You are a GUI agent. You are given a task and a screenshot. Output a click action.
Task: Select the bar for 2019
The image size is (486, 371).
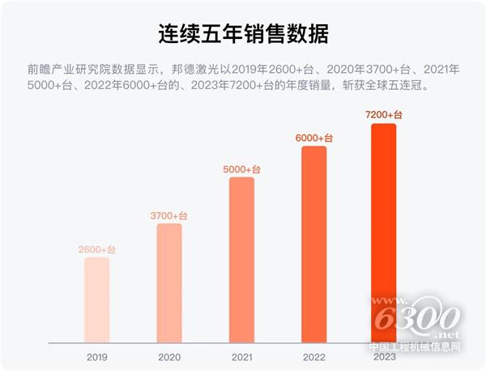(96, 300)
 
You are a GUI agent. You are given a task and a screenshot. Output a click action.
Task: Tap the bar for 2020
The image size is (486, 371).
(169, 283)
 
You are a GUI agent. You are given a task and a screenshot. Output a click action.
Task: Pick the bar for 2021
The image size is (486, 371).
(241, 259)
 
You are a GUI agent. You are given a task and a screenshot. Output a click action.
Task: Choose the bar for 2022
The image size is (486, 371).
(313, 244)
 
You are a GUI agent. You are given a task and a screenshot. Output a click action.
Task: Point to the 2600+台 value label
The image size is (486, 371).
(96, 249)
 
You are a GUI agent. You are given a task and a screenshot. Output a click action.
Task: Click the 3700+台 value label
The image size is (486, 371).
(169, 215)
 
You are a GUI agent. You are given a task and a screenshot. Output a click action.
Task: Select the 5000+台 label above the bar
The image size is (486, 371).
(241, 169)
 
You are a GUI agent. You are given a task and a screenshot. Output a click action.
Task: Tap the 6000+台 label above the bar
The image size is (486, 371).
(313, 139)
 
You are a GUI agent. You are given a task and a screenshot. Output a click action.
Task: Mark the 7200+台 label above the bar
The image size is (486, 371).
(384, 116)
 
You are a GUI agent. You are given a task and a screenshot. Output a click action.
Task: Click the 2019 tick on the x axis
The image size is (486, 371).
(96, 356)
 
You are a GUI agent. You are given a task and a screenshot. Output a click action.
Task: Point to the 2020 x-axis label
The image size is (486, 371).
(169, 356)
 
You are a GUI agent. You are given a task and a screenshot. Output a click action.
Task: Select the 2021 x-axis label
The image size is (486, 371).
(241, 356)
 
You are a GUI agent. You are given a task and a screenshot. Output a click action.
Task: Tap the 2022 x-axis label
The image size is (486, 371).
(313, 356)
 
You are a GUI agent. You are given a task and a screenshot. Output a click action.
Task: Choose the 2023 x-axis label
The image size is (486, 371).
(384, 356)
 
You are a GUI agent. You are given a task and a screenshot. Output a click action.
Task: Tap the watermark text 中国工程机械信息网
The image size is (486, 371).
(416, 348)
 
